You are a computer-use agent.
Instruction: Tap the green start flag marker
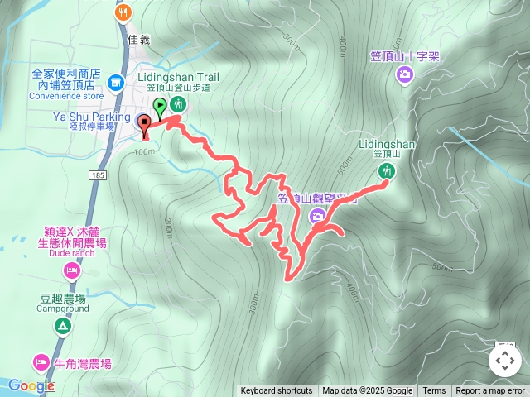tap(160, 106)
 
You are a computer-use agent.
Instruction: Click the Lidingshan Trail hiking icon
tap(178, 105)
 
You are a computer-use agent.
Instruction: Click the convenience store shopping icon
tap(115, 82)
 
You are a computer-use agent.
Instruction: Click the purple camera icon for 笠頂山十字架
tap(405, 75)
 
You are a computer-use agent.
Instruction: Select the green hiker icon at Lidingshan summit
tap(386, 171)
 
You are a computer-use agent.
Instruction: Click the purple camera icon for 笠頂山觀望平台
tap(317, 216)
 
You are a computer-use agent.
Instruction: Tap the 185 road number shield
tap(99, 176)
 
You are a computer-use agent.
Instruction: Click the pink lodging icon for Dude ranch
tap(72, 270)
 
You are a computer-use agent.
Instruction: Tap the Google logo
tap(32, 385)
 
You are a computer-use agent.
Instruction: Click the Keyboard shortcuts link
tap(276, 391)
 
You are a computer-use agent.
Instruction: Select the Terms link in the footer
tap(434, 391)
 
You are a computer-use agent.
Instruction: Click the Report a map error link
tap(490, 391)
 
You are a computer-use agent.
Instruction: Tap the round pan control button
tap(504, 361)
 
